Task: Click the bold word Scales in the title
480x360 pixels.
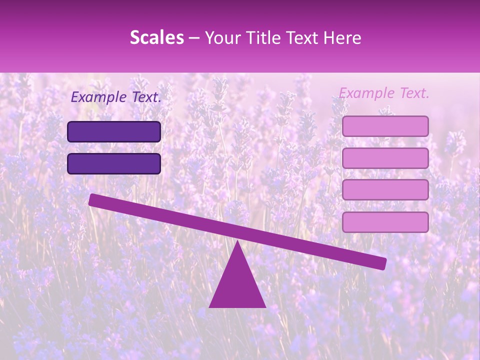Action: [x=156, y=38]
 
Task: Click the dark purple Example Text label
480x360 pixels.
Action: [x=116, y=97]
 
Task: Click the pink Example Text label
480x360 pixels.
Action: [x=384, y=93]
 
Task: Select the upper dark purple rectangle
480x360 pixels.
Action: [x=114, y=131]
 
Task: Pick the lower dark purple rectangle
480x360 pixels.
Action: [x=114, y=163]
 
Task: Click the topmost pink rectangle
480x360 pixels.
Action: [x=385, y=126]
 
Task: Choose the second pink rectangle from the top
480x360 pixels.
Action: [x=385, y=158]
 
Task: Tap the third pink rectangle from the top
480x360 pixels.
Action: [x=385, y=190]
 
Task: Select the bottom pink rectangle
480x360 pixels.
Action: [x=385, y=222]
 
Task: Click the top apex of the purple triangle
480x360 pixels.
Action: [x=237, y=242]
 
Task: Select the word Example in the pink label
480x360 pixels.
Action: [x=367, y=93]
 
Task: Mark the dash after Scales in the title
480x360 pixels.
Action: [x=194, y=38]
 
